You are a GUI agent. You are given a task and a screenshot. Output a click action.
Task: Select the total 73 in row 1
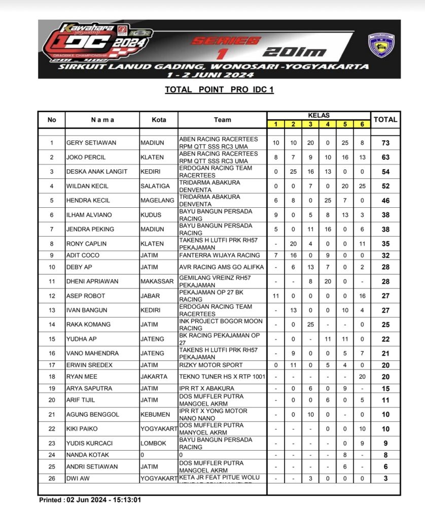pyautogui.click(x=385, y=143)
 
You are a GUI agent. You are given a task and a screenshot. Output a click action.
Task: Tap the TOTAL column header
pyautogui.click(x=385, y=120)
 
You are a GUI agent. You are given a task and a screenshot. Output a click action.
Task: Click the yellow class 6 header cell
pyautogui.click(x=362, y=124)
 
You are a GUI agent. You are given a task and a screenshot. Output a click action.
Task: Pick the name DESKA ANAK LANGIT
pyautogui.click(x=96, y=172)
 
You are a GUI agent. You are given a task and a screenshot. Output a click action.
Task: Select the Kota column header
pyautogui.click(x=159, y=120)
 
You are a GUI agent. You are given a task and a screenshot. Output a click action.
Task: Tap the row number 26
pyautogui.click(x=51, y=478)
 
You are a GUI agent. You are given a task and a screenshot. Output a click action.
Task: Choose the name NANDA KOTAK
pyautogui.click(x=88, y=455)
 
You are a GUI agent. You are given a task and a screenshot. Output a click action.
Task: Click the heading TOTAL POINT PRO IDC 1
pyautogui.click(x=219, y=90)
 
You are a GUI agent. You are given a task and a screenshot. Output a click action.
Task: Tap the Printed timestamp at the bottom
pyautogui.click(x=90, y=500)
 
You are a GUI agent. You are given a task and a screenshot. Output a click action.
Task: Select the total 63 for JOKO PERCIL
pyautogui.click(x=385, y=157)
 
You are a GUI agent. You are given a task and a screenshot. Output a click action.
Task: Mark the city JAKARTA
pyautogui.click(x=153, y=377)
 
